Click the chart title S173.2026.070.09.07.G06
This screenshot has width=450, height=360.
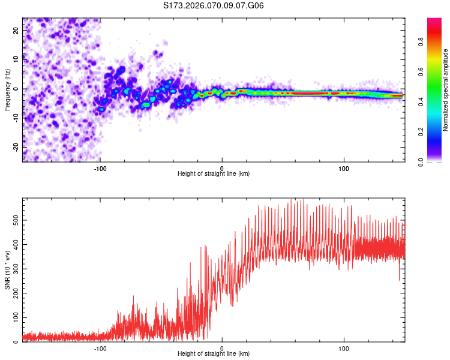tap(214, 5)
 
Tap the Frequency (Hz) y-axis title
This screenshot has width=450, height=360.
tap(8, 89)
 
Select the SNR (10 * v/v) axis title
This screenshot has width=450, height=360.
tap(8, 270)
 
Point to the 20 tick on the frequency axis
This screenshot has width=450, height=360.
tap(16, 31)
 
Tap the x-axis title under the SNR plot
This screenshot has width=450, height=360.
tap(214, 354)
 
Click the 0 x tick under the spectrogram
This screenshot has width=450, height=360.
tap(222, 167)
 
